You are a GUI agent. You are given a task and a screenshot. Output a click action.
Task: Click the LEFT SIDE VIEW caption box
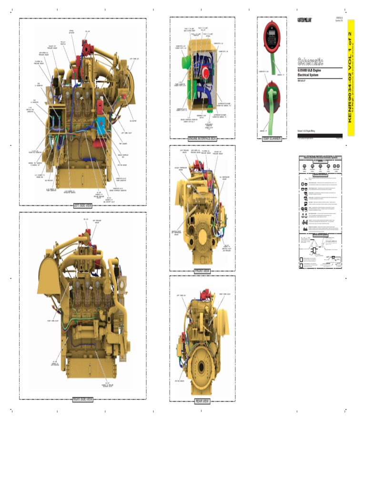click(x=82, y=205)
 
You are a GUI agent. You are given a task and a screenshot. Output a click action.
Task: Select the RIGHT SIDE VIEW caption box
click(x=82, y=399)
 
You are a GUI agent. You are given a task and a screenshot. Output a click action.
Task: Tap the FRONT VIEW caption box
click(x=202, y=271)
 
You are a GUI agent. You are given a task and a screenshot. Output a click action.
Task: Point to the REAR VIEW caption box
click(x=202, y=401)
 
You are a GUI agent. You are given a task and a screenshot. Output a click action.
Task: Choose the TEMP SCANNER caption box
click(x=272, y=139)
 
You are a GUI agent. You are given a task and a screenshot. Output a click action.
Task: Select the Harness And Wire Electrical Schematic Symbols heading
click(x=320, y=157)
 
